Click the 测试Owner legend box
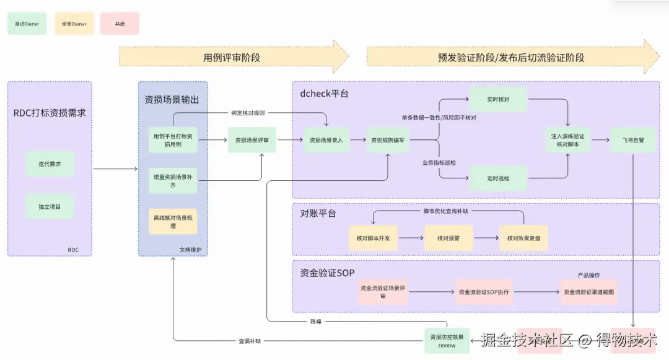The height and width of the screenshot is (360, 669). click(x=27, y=24)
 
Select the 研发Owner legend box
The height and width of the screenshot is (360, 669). click(x=74, y=24)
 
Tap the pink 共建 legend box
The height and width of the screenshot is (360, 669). click(x=120, y=24)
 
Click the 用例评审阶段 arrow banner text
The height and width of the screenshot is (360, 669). click(x=232, y=57)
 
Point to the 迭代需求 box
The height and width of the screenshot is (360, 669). click(x=50, y=164)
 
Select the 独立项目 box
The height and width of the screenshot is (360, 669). click(x=50, y=206)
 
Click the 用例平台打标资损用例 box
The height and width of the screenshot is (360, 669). click(x=173, y=139)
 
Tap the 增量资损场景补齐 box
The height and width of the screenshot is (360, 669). click(x=173, y=180)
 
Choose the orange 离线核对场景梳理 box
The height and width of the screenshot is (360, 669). click(x=173, y=221)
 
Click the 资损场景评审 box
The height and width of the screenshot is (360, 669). click(x=251, y=141)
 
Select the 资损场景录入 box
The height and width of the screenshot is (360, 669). click(x=326, y=141)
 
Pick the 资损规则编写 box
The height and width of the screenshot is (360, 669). click(x=388, y=141)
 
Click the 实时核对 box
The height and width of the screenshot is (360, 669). click(x=498, y=99)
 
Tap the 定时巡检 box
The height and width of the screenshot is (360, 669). click(x=498, y=178)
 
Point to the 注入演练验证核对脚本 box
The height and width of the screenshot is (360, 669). click(x=567, y=140)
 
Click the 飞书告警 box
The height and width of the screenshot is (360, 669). click(x=632, y=141)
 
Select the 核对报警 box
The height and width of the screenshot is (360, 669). click(x=448, y=238)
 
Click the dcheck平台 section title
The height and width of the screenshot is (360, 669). click(x=323, y=94)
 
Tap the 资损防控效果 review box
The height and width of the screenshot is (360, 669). click(x=447, y=341)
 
